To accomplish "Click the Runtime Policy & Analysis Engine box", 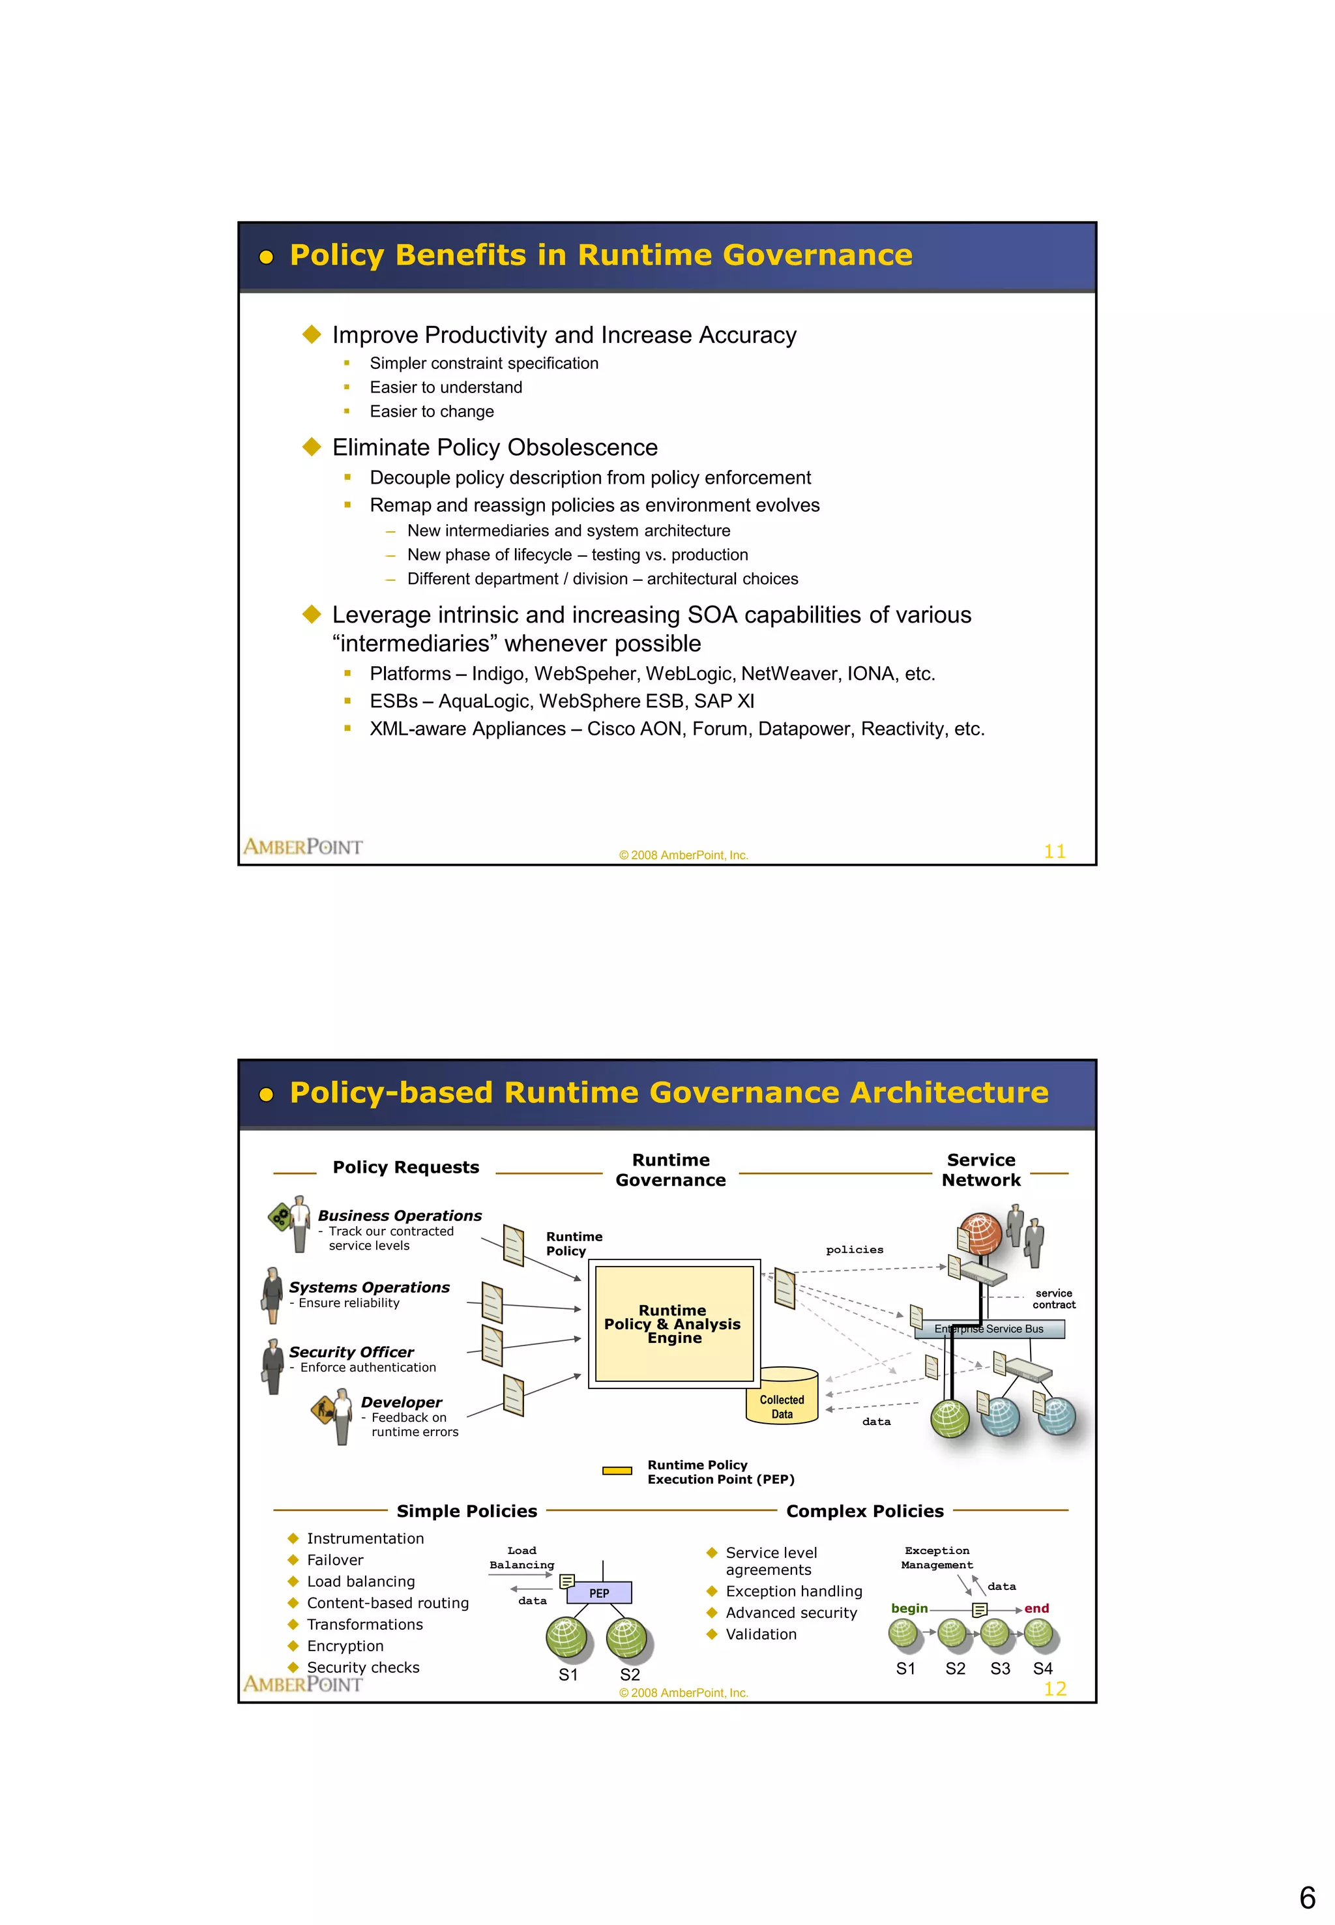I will pyautogui.click(x=673, y=1323).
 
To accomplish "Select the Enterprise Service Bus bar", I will pyautogui.click(x=989, y=1329).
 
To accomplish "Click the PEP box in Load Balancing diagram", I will pyautogui.click(x=599, y=1592).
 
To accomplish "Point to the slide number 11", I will pyautogui.click(x=1054, y=851).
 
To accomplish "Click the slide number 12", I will pyautogui.click(x=1054, y=1688).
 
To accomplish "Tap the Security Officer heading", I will pyautogui.click(x=351, y=1352).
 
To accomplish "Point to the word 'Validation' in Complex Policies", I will pyautogui.click(x=761, y=1634).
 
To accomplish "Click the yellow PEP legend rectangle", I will pyautogui.click(x=617, y=1471).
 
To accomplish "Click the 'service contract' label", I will pyautogui.click(x=1053, y=1299).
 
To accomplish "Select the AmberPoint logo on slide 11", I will pyautogui.click(x=303, y=847).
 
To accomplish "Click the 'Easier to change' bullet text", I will pyautogui.click(x=432, y=411).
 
